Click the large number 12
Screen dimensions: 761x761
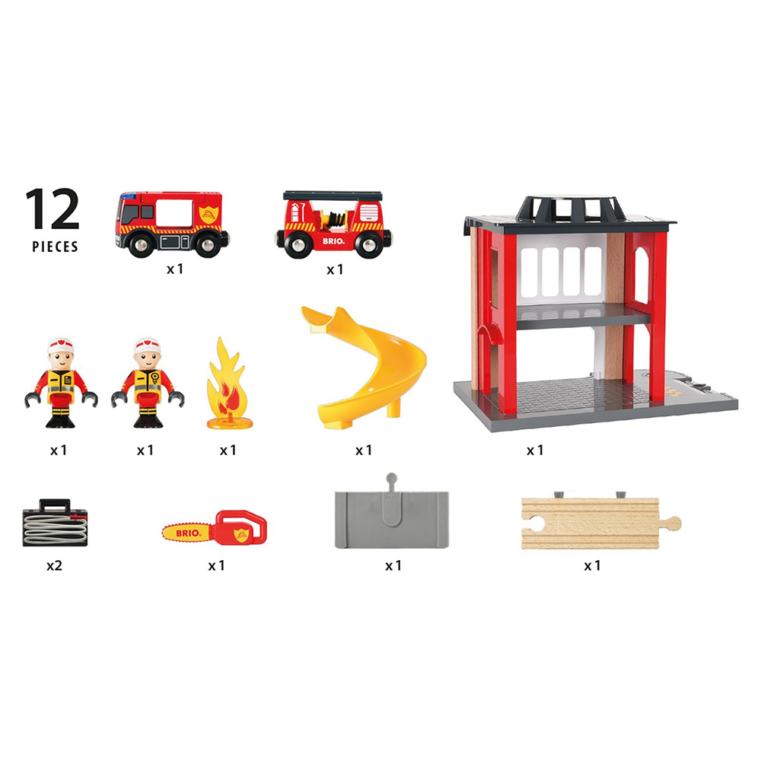53,209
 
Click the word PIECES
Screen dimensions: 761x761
55,247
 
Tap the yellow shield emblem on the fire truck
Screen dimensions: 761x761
209,214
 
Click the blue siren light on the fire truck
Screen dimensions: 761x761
127,196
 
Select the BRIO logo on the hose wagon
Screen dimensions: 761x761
333,240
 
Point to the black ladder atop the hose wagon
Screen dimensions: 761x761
333,196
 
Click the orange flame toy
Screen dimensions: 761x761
229,384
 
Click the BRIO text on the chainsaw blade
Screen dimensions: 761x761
187,533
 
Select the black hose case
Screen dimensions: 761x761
55,524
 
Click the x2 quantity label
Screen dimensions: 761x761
54,565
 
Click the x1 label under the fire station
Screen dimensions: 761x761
535,451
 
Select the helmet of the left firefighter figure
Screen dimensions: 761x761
61,345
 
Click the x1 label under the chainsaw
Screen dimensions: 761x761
216,565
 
